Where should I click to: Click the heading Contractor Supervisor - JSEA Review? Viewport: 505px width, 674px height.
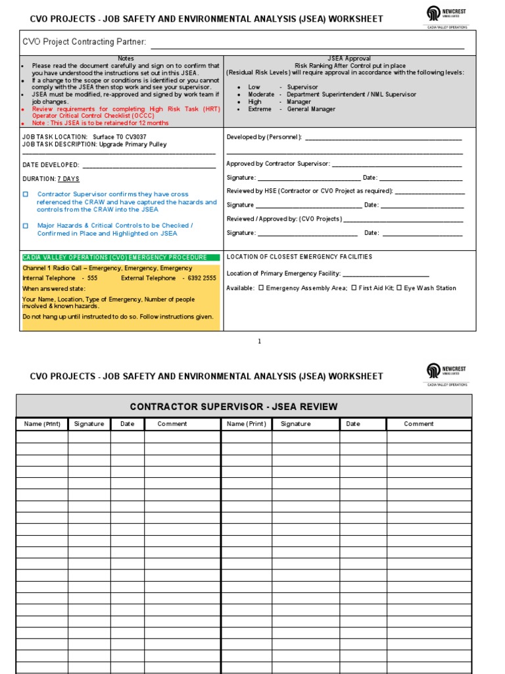pyautogui.click(x=243, y=407)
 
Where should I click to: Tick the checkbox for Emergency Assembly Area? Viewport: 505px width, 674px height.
pyautogui.click(x=261, y=288)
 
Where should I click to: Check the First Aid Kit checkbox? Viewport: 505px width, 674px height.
pyautogui.click(x=354, y=288)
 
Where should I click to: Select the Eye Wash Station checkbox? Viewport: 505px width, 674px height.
pyautogui.click(x=400, y=288)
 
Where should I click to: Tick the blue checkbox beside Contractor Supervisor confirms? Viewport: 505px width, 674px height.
pyautogui.click(x=26, y=195)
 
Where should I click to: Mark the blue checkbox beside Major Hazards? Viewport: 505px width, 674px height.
pyautogui.click(x=26, y=226)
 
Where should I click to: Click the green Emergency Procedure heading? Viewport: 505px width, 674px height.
pyautogui.click(x=115, y=258)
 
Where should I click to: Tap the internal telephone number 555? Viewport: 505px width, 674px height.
pyautogui.click(x=92, y=278)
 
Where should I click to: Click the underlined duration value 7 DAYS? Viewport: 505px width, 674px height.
pyautogui.click(x=68, y=179)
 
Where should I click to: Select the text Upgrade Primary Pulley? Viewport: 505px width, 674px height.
pyautogui.click(x=133, y=144)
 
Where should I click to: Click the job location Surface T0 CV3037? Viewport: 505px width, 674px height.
pyautogui.click(x=120, y=137)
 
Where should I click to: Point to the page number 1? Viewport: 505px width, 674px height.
pyautogui.click(x=259, y=341)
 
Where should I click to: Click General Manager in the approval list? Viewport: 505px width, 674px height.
pyautogui.click(x=311, y=109)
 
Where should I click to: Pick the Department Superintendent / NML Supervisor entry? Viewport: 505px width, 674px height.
pyautogui.click(x=351, y=95)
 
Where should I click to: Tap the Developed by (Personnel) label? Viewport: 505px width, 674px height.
pyautogui.click(x=264, y=137)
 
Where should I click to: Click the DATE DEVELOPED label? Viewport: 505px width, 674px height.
pyautogui.click(x=51, y=165)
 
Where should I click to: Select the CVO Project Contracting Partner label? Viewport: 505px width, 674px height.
pyautogui.click(x=84, y=42)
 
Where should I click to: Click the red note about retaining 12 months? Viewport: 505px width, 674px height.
pyautogui.click(x=101, y=123)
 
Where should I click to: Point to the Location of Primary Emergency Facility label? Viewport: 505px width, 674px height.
pyautogui.click(x=283, y=273)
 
